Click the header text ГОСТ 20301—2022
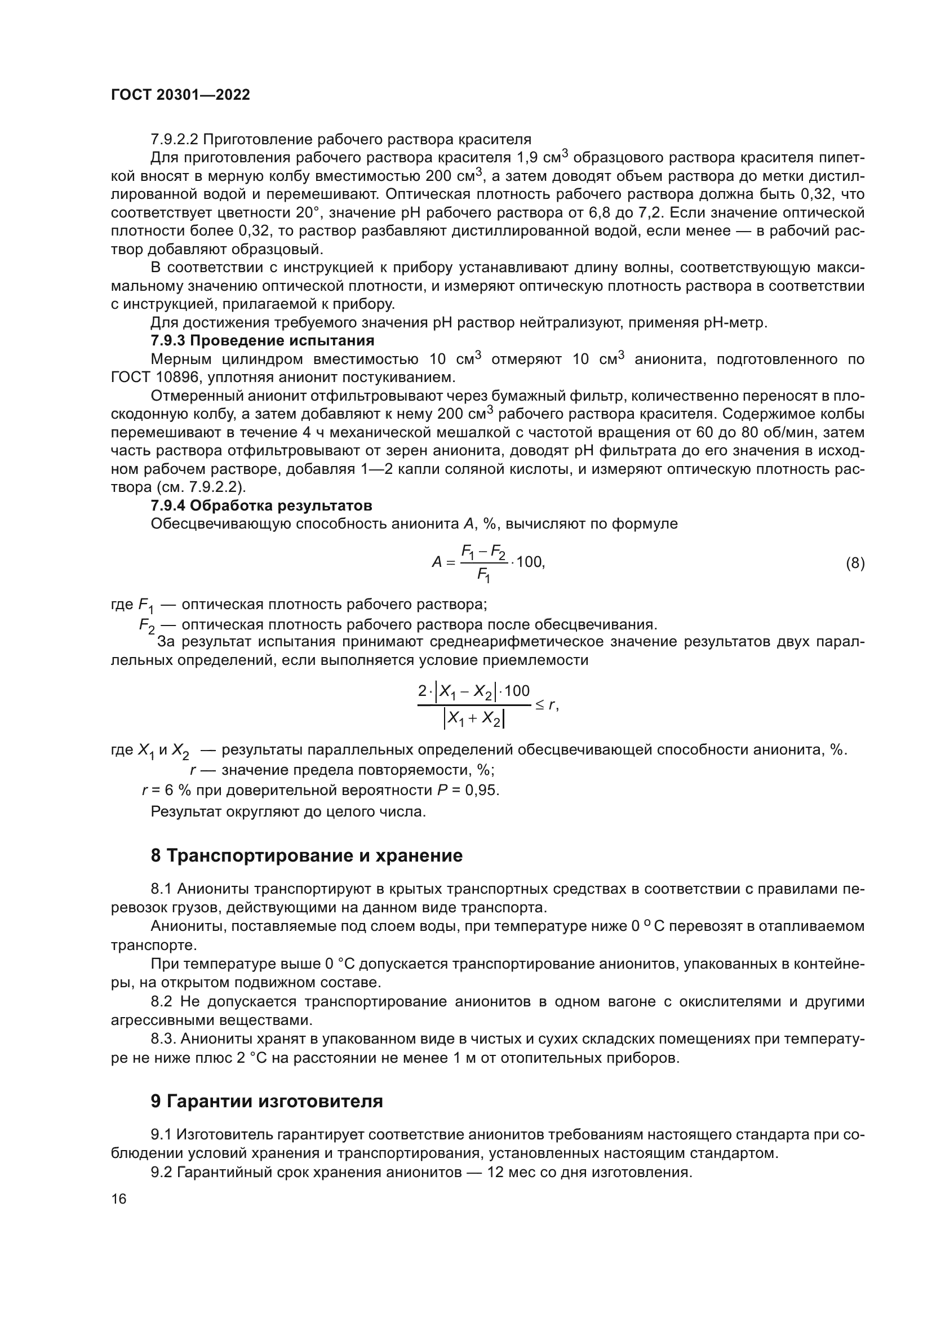point(180,95)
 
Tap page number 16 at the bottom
point(119,1199)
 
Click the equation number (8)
point(855,563)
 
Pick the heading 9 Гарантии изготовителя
point(267,1102)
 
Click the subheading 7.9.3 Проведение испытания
point(262,340)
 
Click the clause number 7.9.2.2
point(175,139)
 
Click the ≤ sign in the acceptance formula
point(540,704)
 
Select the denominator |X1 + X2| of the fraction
point(474,718)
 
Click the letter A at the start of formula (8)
point(437,562)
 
